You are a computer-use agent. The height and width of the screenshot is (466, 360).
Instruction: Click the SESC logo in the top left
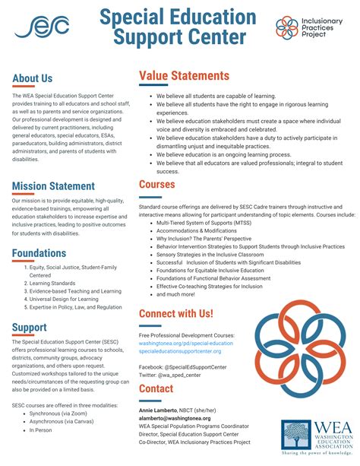point(42,27)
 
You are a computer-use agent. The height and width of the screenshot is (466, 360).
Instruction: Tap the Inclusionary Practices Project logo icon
point(288,27)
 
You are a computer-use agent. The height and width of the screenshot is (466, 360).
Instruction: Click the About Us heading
point(33,78)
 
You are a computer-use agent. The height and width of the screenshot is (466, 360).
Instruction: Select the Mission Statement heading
point(53,186)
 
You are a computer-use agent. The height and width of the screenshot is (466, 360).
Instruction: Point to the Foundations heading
point(39,253)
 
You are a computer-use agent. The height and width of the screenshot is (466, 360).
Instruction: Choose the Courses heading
point(157,184)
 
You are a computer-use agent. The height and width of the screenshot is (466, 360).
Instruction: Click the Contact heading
point(156,388)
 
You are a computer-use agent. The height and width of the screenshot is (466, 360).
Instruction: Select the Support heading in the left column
point(30,328)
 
